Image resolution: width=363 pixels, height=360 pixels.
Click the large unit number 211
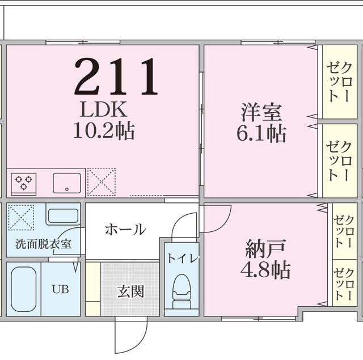pyautogui.click(x=116, y=77)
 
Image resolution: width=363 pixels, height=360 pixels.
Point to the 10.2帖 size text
pyautogui.click(x=103, y=132)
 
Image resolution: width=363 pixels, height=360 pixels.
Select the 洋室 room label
pyautogui.click(x=261, y=112)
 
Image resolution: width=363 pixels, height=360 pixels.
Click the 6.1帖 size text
pyautogui.click(x=261, y=134)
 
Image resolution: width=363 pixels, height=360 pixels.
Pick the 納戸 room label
pyautogui.click(x=265, y=248)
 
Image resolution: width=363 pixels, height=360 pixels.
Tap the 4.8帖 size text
pyautogui.click(x=265, y=269)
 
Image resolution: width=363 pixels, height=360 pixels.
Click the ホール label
pyautogui.click(x=125, y=230)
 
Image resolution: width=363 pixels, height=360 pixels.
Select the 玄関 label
pyautogui.click(x=130, y=291)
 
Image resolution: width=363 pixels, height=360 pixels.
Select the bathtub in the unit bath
pyautogui.click(x=23, y=289)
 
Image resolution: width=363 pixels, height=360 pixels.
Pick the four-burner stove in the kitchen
pyautogui.click(x=24, y=183)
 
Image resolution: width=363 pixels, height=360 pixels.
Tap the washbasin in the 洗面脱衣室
pyautogui.click(x=62, y=216)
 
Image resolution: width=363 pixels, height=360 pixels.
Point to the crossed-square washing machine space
pyautogui.click(x=21, y=217)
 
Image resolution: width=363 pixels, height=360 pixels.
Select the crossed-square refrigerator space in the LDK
pyautogui.click(x=102, y=181)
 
